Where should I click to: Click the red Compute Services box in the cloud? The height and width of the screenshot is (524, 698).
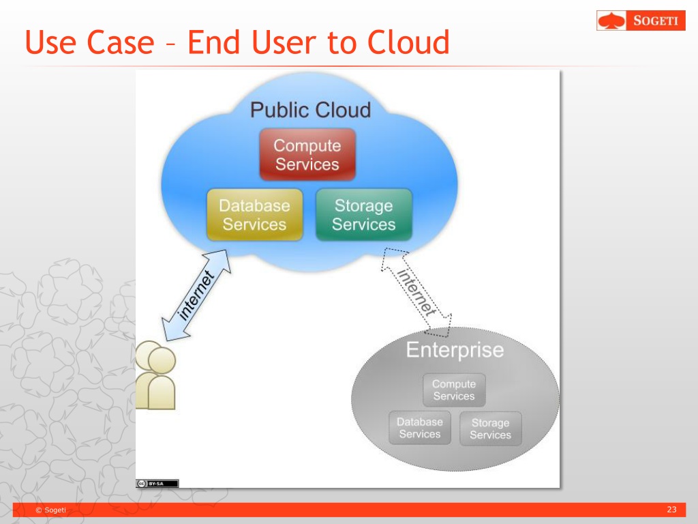coord(307,155)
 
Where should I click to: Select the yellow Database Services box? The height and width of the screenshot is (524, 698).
coord(254,215)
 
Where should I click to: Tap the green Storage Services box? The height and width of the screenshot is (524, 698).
coord(363,215)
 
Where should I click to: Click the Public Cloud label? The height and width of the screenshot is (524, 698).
coord(310,110)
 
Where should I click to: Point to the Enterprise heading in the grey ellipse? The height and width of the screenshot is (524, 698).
coord(455,350)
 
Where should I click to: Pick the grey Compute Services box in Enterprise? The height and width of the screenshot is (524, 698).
coord(454,390)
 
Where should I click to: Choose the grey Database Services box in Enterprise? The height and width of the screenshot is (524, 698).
coord(420,428)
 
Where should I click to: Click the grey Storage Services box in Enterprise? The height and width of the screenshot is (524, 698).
coord(490,428)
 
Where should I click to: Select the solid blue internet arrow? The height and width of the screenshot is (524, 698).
coord(196,295)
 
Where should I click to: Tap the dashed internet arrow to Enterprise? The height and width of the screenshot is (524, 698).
coord(416,292)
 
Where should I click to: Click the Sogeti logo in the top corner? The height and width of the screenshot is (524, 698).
coord(641,20)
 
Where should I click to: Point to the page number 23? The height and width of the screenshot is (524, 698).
coord(671,510)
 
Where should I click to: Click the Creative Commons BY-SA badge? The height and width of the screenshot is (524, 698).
coord(157,483)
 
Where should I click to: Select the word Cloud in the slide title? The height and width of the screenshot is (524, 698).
coord(408,42)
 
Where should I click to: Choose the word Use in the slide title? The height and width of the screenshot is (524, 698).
coord(53,42)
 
